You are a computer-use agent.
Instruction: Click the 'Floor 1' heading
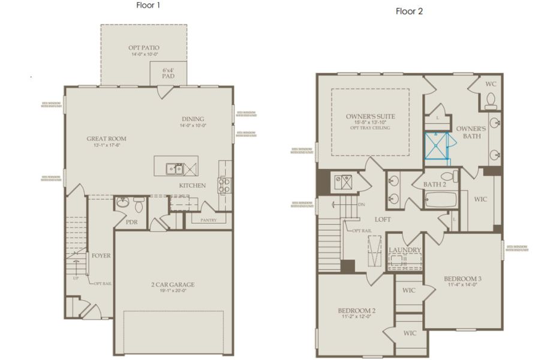coord(149,5)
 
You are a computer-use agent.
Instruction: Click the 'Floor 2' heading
coord(409,11)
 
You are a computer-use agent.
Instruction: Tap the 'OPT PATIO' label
coord(144,47)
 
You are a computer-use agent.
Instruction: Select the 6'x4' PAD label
coord(168,73)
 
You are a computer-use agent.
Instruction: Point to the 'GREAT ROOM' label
coord(106,139)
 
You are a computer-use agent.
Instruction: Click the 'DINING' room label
coord(192,119)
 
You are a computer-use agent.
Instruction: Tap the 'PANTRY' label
coord(208,220)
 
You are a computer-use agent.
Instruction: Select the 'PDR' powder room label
coord(132,221)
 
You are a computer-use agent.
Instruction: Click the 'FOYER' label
coord(101,255)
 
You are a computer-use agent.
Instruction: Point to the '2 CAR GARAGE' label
coord(173,284)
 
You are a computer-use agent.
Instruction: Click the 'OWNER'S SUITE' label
coord(370,116)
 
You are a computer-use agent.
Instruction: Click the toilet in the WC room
coord(490,100)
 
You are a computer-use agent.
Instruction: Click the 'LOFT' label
coord(383,219)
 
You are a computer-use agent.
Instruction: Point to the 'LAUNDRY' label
coord(405,250)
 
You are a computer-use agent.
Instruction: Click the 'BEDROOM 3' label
coord(462,279)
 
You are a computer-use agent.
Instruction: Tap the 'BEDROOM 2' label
coord(356,310)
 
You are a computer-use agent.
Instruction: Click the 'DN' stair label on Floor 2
coord(361,204)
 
